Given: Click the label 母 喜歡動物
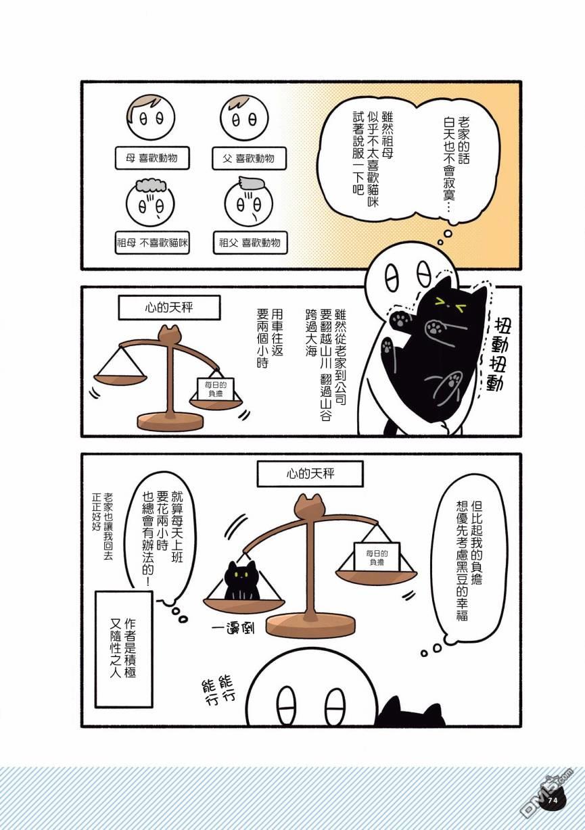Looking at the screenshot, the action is click(x=152, y=158).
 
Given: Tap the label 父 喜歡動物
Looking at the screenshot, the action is click(x=249, y=158).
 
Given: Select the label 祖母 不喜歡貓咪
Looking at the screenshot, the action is click(x=152, y=243).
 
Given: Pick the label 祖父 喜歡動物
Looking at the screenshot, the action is click(x=250, y=243).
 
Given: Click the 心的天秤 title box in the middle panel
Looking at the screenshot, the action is click(x=169, y=307).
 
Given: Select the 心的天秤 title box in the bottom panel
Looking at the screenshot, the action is click(x=310, y=474).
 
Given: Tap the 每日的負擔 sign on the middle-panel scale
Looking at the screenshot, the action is click(x=215, y=389).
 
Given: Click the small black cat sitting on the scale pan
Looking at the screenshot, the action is click(x=241, y=581).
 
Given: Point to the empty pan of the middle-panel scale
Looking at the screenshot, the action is click(x=120, y=379).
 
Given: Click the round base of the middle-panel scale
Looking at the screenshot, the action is click(x=170, y=420).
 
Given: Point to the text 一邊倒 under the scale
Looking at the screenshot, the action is click(x=233, y=629).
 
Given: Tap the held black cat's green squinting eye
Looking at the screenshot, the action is click(x=440, y=301).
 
